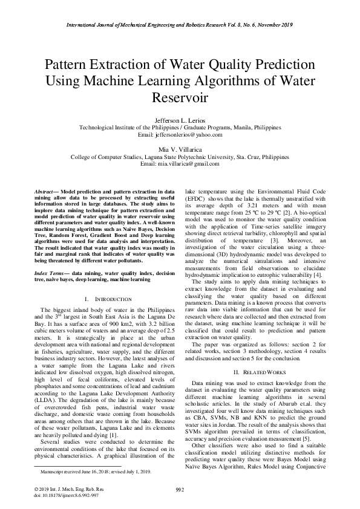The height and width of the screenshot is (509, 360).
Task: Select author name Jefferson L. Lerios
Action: pos(180,121)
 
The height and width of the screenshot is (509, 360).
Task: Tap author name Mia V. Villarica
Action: pos(180,149)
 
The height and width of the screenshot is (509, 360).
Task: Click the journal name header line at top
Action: pos(180,25)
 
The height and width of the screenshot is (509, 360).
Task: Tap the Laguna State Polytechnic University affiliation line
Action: pos(180,156)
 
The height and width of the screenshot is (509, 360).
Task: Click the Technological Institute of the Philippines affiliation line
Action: pos(180,128)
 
